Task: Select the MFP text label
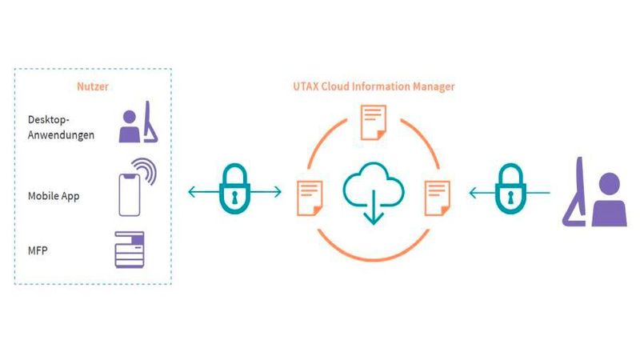tap(38, 253)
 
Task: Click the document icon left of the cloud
tap(310, 195)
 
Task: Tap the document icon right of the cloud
tap(436, 195)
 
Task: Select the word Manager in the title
tap(430, 86)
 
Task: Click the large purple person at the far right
tap(598, 196)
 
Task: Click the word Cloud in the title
tap(339, 86)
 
